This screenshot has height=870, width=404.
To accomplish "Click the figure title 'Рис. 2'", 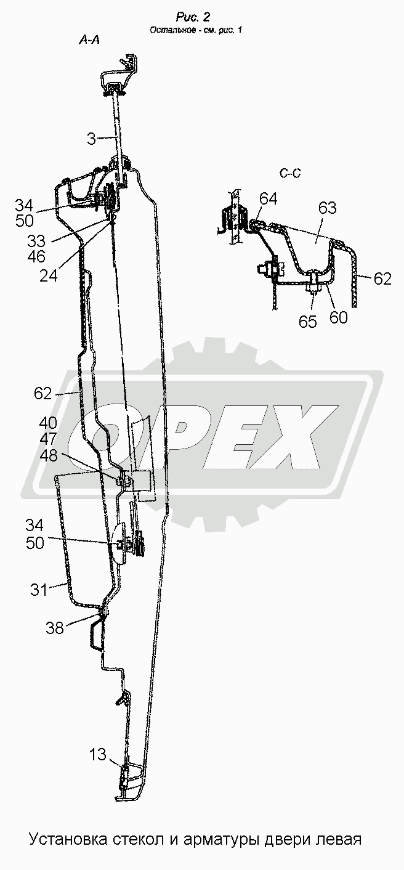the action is point(193,17).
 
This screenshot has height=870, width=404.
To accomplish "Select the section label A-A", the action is point(89,39).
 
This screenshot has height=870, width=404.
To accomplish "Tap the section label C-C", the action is point(290,173).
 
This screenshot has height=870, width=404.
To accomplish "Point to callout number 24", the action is point(49,276).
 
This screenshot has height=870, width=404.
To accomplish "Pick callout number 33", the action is point(36,241).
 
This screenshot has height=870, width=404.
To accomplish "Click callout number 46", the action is point(36,256).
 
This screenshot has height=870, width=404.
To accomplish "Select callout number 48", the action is point(48,455).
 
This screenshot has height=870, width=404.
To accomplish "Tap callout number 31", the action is point(39,590).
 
